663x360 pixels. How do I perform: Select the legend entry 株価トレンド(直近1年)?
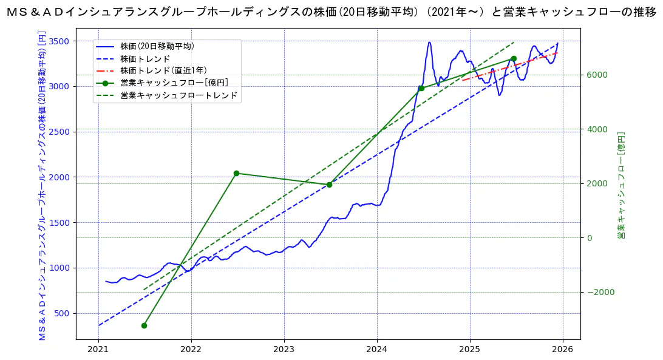coord(163,70)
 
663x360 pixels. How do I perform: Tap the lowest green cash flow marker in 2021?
coord(144,325)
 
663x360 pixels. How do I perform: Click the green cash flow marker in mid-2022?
coord(236,173)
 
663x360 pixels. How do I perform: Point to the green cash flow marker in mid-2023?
coord(329,185)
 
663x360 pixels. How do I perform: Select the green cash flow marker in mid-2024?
coord(421,88)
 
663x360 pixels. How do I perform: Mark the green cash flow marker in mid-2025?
coord(514,58)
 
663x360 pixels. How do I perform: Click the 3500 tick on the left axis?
coord(59,41)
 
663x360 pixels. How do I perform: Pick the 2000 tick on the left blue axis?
coord(59,177)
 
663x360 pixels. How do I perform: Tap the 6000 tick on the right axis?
coord(597,75)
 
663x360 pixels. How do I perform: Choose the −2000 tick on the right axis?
coord(599,292)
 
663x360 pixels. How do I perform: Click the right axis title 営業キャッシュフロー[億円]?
coord(621,185)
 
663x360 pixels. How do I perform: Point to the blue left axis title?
coord(42,185)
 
